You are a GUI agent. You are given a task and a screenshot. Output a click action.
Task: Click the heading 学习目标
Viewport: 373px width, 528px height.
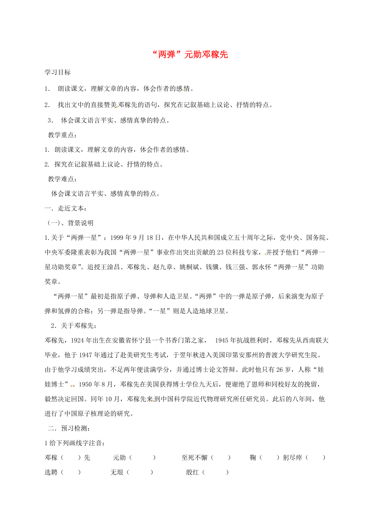(58, 72)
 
